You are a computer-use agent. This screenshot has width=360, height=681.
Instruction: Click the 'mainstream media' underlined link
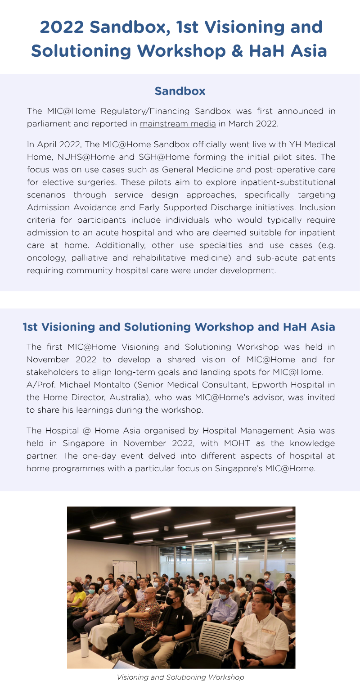pos(177,123)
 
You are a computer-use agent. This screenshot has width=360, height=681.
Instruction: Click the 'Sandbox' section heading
pos(180,91)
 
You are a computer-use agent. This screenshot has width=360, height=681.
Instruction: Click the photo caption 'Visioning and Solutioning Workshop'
pos(180,677)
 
